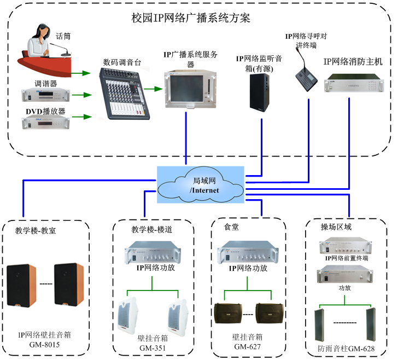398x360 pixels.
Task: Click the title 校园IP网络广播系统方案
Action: click(198, 18)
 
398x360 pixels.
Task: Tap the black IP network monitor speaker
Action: click(260, 92)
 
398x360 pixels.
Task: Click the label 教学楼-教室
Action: click(36, 231)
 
